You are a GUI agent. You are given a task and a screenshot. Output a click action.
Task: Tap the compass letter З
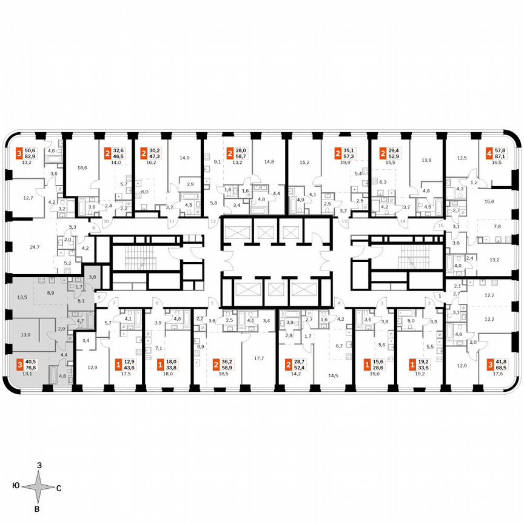tap(39, 465)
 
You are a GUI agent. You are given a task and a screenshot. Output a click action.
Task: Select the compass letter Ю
tap(14, 487)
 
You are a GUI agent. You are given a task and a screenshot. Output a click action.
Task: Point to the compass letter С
tap(58, 487)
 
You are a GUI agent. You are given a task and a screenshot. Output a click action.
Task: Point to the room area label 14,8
tap(269, 161)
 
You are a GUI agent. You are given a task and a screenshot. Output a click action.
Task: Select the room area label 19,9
tap(346, 163)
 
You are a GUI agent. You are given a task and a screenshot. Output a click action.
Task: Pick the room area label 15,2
tap(304, 162)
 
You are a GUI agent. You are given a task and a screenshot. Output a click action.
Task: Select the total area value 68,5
tap(502, 367)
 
